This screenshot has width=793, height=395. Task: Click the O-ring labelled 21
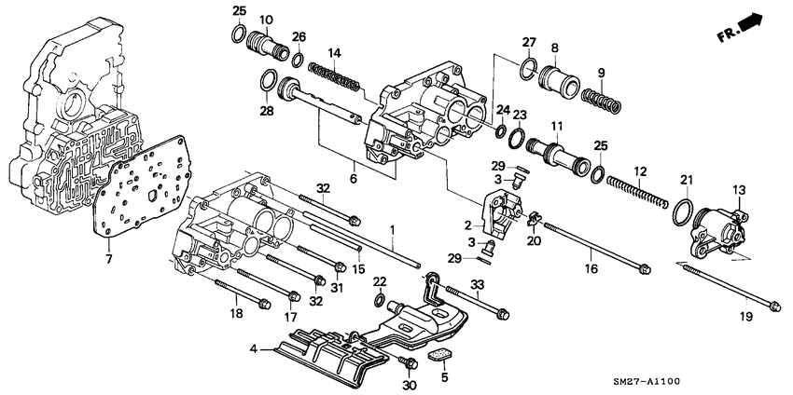pyautogui.click(x=682, y=212)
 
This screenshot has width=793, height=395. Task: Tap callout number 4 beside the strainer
pyautogui.click(x=254, y=350)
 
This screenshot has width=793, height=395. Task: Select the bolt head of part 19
pyautogui.click(x=773, y=303)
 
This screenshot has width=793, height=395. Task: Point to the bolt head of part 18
pyautogui.click(x=265, y=303)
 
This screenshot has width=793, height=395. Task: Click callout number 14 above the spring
pyautogui.click(x=337, y=52)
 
